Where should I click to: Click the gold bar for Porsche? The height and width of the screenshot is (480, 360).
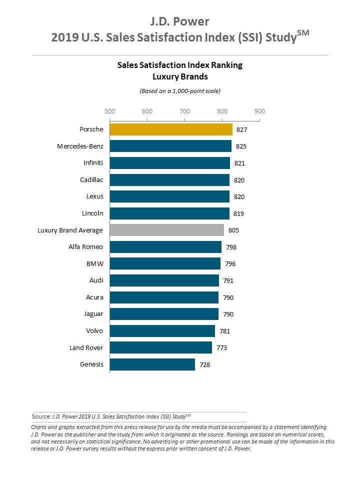coord(171,129)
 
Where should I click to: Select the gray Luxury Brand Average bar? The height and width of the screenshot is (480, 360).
coord(167,230)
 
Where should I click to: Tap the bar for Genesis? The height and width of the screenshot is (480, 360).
coord(152,364)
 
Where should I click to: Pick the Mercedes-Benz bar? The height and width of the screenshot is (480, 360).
coord(170,146)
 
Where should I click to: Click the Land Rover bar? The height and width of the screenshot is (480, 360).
coord(160,347)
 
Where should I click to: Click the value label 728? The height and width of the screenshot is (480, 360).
coord(204,364)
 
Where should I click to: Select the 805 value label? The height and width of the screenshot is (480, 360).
coord(233,230)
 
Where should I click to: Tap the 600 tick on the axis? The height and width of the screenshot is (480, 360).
coord(147,111)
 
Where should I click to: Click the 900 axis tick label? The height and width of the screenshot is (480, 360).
coord(259,111)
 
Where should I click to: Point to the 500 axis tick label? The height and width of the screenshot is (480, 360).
coord(109,111)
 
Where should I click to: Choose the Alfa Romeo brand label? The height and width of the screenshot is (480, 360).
coord(85,247)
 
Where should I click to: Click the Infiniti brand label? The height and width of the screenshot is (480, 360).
coord(93,163)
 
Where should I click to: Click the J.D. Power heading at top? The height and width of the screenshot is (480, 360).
coord(179,21)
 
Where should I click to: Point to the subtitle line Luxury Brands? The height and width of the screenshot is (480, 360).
coord(179,76)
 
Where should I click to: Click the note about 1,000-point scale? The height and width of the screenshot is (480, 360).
coord(179,91)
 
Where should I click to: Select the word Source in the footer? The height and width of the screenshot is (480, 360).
coord(41,416)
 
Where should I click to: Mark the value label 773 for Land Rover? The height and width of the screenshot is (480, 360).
coord(221,347)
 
